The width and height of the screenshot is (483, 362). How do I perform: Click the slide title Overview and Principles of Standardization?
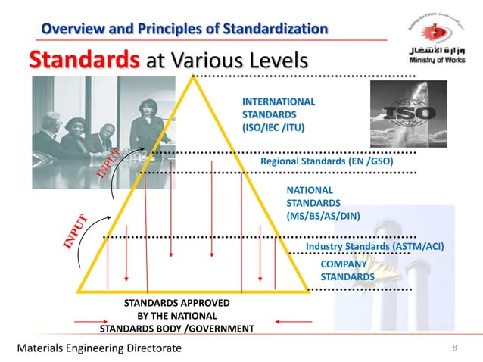184,29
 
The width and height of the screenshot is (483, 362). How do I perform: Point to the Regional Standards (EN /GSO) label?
327,161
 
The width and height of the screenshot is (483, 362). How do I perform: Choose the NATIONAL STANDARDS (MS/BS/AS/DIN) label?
323,203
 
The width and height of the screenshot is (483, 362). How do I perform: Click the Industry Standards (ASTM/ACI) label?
374,247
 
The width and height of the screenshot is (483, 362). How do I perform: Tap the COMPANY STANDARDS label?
347,270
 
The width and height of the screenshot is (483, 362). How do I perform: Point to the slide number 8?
454,348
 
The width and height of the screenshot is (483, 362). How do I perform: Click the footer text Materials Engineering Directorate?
99,348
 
